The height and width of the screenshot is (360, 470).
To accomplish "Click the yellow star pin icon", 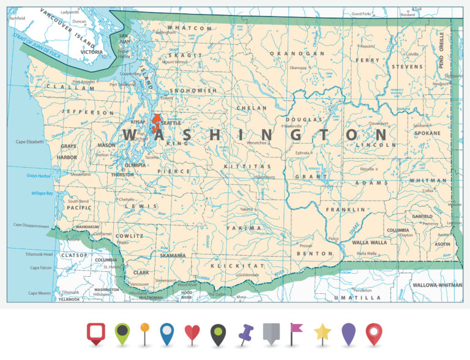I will click(322, 334).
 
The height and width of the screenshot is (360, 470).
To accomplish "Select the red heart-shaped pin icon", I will click(192, 334).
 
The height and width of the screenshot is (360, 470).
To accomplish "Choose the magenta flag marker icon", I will click(296, 334).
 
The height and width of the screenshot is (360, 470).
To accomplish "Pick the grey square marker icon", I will click(270, 334).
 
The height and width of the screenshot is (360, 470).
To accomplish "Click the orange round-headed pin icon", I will click(144, 333).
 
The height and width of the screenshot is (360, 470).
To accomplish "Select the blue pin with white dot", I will click(167, 334).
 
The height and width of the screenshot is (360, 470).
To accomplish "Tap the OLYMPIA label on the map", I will click(135, 165).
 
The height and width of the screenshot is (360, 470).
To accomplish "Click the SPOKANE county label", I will click(427, 133).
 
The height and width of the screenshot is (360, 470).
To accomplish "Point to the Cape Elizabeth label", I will click(29, 142).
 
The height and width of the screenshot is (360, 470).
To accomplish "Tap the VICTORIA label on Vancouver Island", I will click(91, 52).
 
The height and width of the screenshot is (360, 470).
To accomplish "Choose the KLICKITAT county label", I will click(237, 266).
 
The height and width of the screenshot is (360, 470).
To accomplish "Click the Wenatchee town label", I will click(256, 143).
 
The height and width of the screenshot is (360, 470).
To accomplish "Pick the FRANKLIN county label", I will click(341, 209).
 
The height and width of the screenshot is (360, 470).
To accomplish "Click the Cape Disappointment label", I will click(31, 225).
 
